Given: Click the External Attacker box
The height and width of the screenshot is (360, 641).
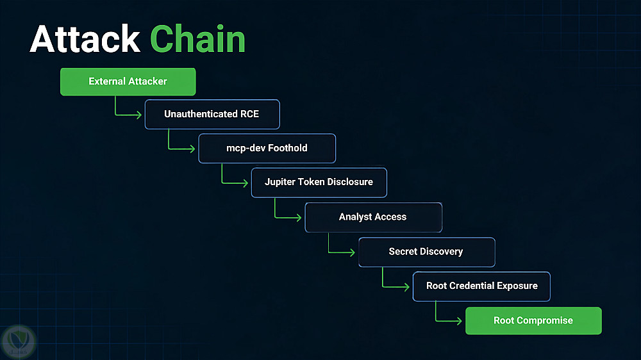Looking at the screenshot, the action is click(128, 82).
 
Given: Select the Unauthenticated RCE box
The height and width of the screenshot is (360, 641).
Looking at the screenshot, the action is click(212, 115).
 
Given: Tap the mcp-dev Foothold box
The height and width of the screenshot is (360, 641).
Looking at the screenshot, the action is click(267, 149).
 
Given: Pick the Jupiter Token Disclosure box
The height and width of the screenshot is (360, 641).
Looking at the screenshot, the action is click(319, 183).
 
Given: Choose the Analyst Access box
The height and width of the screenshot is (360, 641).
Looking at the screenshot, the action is click(373, 217).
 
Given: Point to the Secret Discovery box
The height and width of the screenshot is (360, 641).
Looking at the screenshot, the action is click(427, 252).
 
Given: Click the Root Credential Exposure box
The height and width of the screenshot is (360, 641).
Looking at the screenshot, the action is click(481, 286).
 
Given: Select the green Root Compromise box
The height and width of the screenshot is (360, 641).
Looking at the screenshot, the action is click(533, 321).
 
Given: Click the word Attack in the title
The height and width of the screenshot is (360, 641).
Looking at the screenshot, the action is click(85, 39).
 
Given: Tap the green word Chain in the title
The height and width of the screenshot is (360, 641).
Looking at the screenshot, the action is click(198, 39).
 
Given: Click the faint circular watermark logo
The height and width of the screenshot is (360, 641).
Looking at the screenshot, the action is click(18, 341).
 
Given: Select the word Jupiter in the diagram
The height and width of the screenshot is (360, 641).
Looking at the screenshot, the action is click(279, 183).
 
